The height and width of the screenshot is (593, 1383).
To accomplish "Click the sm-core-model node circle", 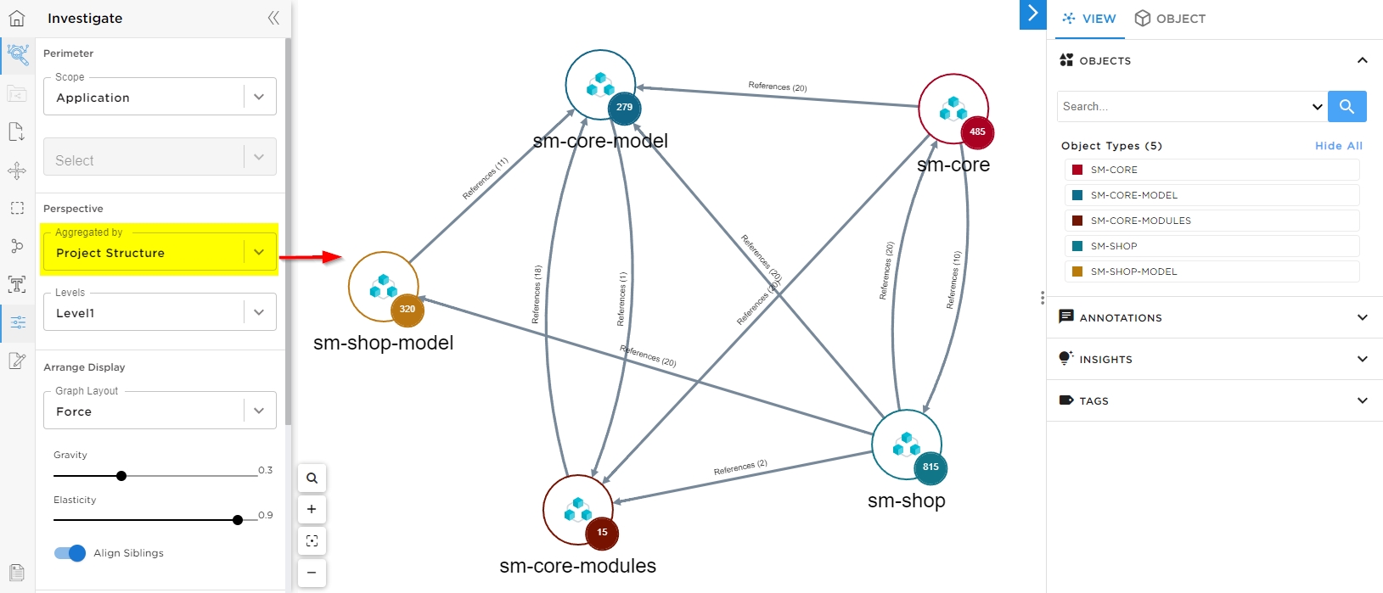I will coord(599,84).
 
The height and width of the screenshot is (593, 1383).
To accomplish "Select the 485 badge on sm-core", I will coord(977,131).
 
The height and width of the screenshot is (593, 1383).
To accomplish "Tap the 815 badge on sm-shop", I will coord(930,467).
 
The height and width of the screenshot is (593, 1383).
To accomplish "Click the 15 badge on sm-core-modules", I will coord(602,532).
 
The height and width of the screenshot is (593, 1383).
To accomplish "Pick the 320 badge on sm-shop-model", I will coord(408,309).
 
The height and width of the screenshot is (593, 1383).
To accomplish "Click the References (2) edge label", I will coord(740,467).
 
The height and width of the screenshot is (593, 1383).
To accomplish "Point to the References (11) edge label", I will coord(485,179).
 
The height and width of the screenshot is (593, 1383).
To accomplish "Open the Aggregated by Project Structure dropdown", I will coord(160,253).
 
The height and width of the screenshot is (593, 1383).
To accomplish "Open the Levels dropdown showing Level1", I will coord(160,313).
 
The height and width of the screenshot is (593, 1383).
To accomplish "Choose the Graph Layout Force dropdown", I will coord(160,411).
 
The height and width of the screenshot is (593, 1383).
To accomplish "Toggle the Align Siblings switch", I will coord(70,553).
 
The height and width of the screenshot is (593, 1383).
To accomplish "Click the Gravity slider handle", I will coord(121,476).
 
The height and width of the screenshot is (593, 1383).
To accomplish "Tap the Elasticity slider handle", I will coord(238,520).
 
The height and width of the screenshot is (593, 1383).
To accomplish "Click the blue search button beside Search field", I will coord(1346,107).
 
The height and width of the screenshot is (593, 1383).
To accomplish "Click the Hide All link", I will coord(1338,146).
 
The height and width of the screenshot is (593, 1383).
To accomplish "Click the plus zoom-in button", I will coord(312,509).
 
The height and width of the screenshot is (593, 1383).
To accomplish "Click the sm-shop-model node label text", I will coord(383,343).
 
